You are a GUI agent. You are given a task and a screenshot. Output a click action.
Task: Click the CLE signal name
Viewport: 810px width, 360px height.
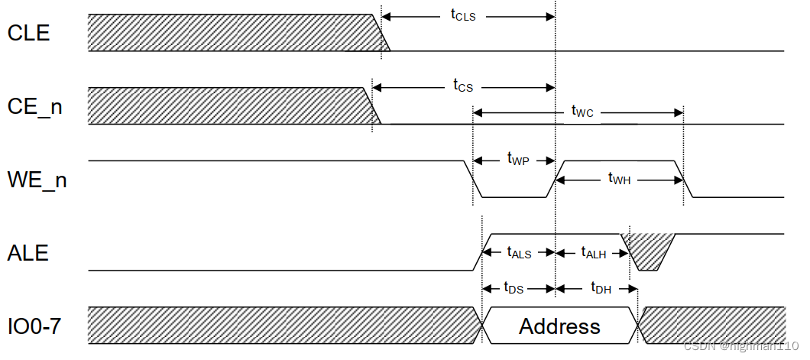[x=28, y=34]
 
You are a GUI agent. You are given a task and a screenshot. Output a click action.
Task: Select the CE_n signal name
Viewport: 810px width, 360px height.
[x=34, y=108]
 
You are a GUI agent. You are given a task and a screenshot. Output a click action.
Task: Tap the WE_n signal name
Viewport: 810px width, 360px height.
[x=37, y=180]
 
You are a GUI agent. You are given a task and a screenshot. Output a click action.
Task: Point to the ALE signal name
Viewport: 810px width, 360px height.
[x=28, y=253]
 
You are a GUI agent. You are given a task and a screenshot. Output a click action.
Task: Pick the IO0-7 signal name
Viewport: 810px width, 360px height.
[x=35, y=326]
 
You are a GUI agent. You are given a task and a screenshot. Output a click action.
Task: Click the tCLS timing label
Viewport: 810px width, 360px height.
[x=463, y=15]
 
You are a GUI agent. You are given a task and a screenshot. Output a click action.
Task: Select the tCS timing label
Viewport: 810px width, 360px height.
[x=463, y=86]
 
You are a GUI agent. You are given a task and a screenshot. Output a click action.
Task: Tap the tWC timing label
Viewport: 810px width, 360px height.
[x=582, y=112]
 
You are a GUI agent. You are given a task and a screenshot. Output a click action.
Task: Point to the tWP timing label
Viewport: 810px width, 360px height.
[x=518, y=159]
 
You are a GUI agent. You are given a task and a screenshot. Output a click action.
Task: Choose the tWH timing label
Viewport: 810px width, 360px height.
[x=620, y=179]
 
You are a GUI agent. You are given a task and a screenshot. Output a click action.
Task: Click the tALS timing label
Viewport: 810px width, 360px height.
[x=519, y=252]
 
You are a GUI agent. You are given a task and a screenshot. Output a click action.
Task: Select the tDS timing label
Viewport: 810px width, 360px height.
[x=514, y=288]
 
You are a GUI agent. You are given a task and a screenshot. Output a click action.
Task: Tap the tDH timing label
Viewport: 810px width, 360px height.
[x=601, y=288]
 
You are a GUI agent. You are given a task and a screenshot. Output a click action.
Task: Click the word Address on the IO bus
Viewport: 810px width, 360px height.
[x=559, y=326]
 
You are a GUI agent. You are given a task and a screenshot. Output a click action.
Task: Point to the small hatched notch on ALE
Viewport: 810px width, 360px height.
[x=650, y=249]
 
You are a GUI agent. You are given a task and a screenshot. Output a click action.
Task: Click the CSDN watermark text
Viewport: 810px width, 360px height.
[x=740, y=346]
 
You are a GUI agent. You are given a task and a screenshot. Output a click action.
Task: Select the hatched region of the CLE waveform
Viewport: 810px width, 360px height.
[x=229, y=33]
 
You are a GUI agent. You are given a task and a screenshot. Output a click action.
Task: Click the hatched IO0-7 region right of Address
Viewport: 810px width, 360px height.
[x=711, y=325]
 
